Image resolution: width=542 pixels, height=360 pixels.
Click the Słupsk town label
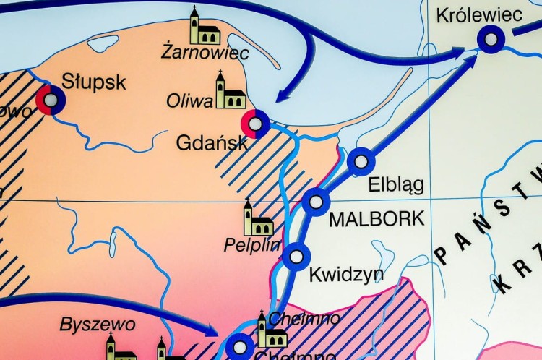[93, 81]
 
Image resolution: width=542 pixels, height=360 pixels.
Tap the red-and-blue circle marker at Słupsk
[51, 100]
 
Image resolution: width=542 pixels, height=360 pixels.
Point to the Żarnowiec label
[205, 53]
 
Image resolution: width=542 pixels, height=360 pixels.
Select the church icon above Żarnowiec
[204, 27]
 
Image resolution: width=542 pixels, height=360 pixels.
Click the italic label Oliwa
[189, 100]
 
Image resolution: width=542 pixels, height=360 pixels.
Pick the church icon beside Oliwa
[230, 91]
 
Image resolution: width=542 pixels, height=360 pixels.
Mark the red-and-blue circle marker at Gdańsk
[255, 124]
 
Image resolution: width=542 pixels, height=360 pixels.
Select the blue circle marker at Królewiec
[491, 40]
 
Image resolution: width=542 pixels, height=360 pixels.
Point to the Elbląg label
[396, 184]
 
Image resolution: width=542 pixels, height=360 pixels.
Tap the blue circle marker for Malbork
[316, 201]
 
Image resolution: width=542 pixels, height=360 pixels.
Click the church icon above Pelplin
[257, 219]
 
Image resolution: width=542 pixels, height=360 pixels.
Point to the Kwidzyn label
[346, 275]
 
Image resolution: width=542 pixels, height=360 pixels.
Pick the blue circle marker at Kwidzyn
[296, 256]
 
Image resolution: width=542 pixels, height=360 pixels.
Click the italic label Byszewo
[87, 323]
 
